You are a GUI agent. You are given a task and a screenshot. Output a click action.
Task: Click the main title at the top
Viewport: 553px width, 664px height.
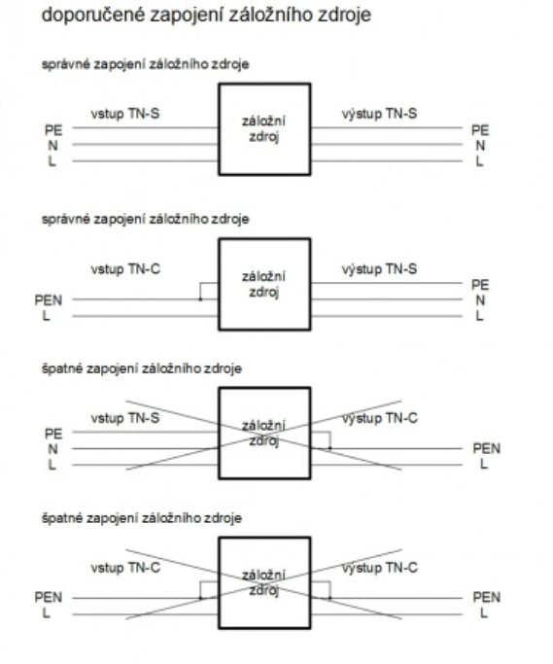[x=206, y=16]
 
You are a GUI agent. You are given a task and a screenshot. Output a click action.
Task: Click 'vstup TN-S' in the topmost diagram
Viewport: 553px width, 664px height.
[x=125, y=114]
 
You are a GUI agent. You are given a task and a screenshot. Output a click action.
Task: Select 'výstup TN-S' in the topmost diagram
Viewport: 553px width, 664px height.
[x=379, y=114]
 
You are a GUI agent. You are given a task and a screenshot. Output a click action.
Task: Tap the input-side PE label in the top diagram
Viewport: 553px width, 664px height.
[x=53, y=130]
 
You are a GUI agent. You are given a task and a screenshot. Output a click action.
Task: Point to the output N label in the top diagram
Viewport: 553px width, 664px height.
[x=480, y=146]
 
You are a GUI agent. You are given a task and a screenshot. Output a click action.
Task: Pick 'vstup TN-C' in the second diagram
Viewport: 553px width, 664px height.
[x=125, y=269]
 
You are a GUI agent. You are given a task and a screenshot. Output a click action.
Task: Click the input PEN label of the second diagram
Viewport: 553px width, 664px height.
[x=49, y=300]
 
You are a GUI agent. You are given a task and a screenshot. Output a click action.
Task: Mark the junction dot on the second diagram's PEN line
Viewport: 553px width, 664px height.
[x=201, y=299]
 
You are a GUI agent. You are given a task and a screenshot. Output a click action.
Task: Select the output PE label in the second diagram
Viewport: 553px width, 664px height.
[x=480, y=285]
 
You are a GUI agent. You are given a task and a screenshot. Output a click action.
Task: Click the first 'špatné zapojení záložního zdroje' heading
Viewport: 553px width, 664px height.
[x=142, y=368]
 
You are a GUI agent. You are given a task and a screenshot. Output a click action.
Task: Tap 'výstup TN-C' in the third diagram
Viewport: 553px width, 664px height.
[x=380, y=418]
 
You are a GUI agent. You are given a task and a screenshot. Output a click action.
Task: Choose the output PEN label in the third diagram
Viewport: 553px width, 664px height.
[x=487, y=448]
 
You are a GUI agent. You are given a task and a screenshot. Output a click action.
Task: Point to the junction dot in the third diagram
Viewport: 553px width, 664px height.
[x=329, y=448]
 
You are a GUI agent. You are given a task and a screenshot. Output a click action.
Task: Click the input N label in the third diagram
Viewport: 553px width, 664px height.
[x=52, y=449]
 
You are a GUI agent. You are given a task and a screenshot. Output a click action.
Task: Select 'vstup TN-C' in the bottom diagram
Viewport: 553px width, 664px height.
[x=125, y=568]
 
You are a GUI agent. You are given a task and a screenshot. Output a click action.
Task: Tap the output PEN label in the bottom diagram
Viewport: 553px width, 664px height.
[x=487, y=598]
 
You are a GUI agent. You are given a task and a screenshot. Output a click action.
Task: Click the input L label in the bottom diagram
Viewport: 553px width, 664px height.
[x=46, y=613]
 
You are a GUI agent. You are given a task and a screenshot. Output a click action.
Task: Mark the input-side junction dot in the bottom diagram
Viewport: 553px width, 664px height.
[x=201, y=598]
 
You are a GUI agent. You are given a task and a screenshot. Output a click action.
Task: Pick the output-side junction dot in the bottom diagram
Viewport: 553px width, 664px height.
[x=329, y=598]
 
